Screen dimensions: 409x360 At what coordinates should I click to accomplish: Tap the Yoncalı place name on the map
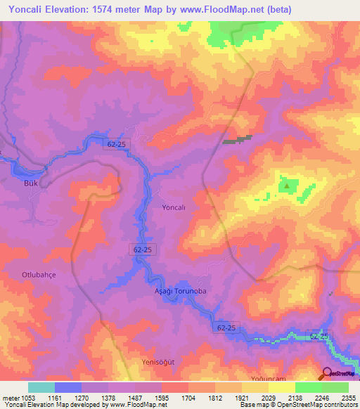coord(173,208)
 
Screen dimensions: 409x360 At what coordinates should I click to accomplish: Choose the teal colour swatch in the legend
coord(41,387)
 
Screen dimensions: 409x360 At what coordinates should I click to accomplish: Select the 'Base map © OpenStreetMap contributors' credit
coord(298,405)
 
